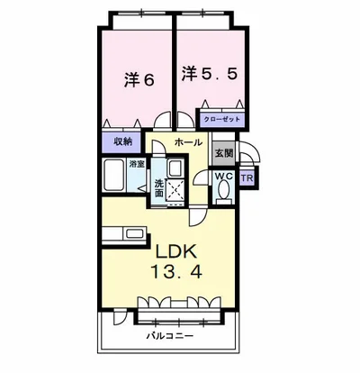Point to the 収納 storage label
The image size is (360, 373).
[x=122, y=141]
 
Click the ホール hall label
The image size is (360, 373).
[x=188, y=142]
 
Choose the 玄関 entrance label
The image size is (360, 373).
[x=224, y=154]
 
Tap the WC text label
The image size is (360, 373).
[x=224, y=177]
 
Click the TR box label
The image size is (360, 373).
[x=247, y=177]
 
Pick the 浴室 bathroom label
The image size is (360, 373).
[x=137, y=164]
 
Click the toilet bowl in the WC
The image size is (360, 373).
[x=223, y=193]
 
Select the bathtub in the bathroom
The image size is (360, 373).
[x=115, y=176]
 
